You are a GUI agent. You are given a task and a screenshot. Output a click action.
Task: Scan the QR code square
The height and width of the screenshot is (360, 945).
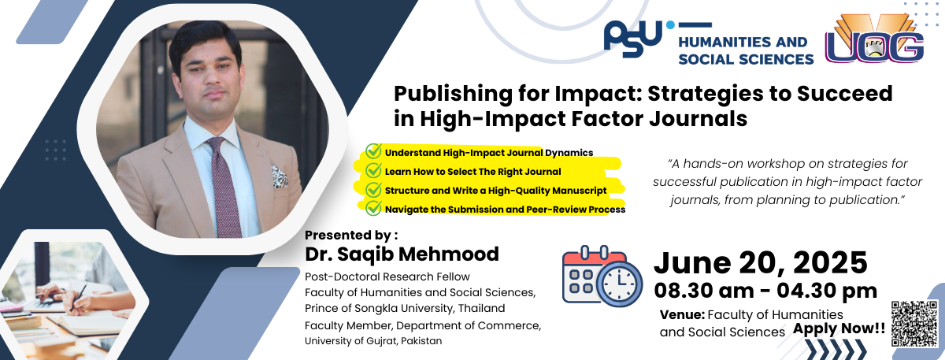(914, 323)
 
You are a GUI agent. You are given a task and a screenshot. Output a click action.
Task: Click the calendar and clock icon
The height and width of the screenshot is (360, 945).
(602, 276)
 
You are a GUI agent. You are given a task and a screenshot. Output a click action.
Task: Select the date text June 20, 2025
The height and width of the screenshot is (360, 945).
(760, 262)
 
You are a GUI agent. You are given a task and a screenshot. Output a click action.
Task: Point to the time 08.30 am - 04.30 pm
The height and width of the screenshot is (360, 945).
(765, 291)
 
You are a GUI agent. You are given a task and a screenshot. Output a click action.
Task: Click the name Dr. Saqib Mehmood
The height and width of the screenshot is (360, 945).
(402, 254)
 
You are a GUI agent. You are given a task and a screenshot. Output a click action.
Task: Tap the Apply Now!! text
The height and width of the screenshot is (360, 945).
(839, 328)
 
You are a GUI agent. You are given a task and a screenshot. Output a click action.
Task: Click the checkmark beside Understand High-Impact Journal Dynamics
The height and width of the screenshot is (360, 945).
(373, 151)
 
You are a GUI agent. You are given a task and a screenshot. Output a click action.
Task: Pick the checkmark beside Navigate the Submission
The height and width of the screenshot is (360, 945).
(373, 208)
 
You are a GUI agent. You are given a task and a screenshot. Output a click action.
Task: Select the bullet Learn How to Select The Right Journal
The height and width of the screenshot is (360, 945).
(473, 172)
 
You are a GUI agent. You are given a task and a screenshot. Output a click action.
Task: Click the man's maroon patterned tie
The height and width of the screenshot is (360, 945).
(224, 187)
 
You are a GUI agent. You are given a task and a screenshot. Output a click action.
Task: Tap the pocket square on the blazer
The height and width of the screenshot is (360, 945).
(280, 176)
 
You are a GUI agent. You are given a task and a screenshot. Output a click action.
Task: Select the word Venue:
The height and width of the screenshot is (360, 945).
(682, 315)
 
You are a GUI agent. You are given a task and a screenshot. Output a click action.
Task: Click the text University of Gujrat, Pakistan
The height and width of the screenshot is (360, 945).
(373, 341)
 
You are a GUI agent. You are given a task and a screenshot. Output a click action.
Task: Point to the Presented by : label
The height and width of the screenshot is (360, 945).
(351, 235)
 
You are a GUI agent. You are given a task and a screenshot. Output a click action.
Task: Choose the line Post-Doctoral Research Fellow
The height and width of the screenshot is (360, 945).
(387, 276)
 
